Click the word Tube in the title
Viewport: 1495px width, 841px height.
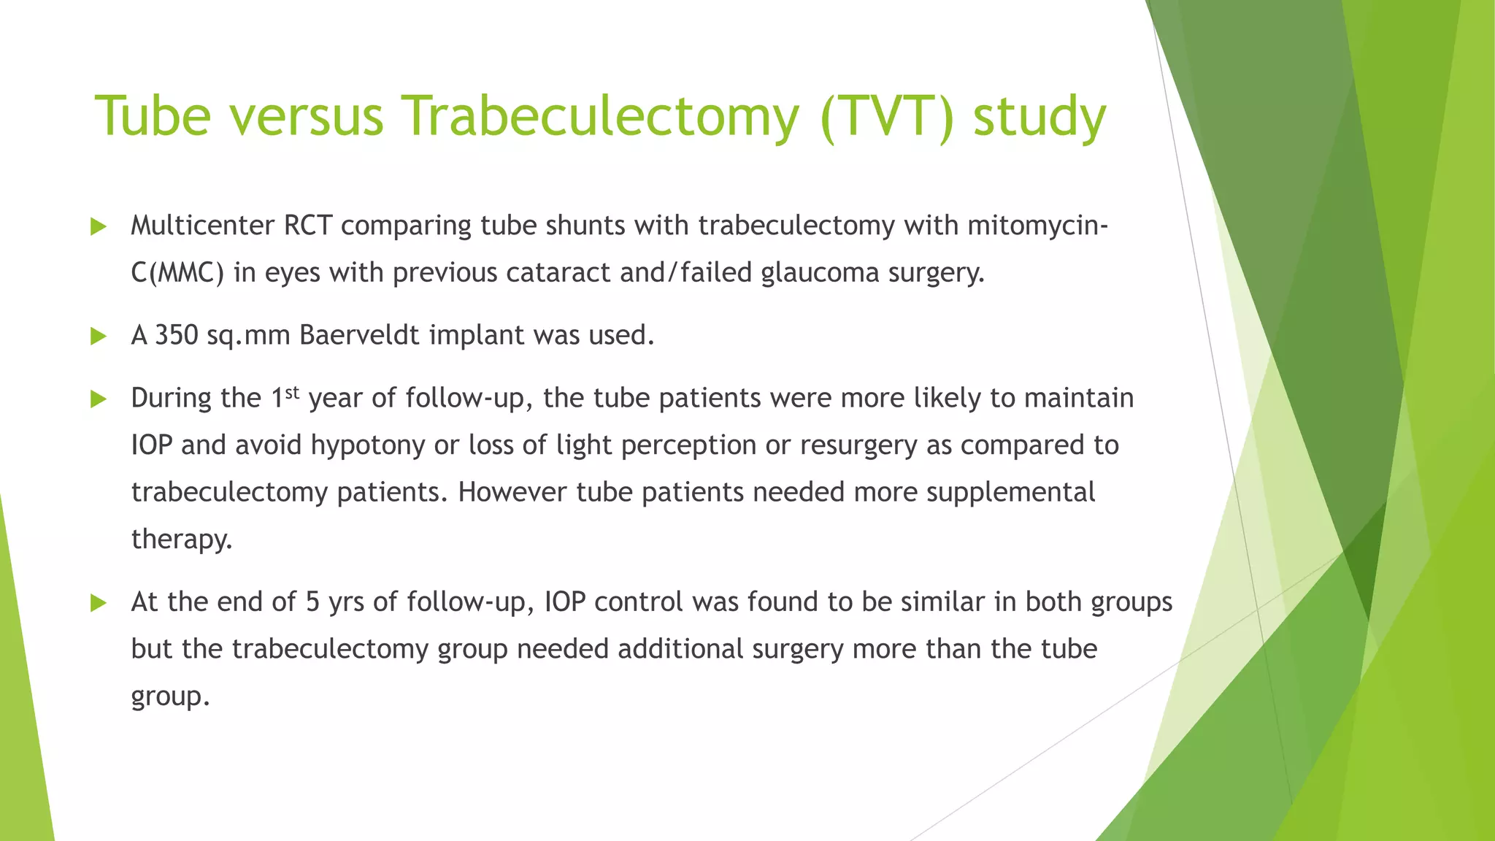153,117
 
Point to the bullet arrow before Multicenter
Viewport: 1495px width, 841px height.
98,227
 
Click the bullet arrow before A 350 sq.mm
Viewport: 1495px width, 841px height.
98,337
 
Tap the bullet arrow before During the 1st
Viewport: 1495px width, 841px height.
98,399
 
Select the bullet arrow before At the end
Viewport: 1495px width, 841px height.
98,603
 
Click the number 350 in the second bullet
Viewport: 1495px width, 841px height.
176,335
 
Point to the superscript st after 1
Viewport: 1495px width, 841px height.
292,392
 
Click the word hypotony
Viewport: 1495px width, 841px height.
367,445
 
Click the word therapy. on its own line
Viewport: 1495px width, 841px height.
182,539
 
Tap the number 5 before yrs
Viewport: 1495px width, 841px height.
312,602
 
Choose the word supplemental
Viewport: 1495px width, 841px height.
1010,492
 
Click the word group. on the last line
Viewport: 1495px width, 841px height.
170,696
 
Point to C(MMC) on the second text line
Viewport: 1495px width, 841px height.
177,273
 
